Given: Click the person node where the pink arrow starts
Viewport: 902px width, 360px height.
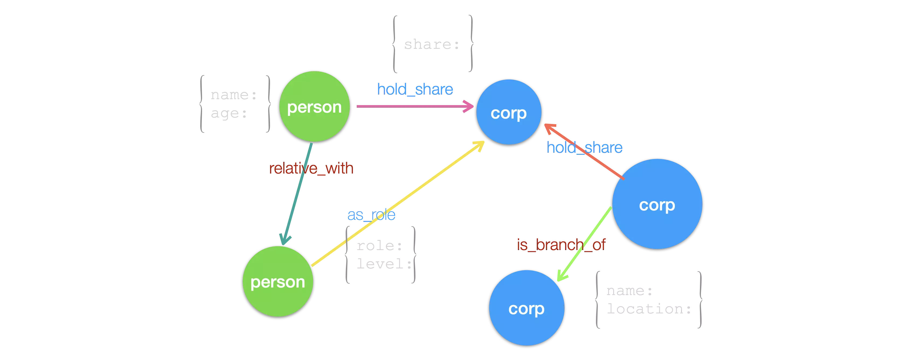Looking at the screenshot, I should coord(314,106).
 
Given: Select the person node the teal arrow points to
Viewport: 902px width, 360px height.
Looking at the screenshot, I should coord(278,282).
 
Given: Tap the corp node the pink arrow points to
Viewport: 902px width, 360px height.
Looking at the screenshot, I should coord(509,112).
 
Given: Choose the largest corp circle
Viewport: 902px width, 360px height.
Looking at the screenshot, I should coord(657,204).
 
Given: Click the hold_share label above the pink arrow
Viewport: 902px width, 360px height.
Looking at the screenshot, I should coord(415,89).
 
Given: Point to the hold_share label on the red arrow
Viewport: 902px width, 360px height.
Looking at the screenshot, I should coord(584,147).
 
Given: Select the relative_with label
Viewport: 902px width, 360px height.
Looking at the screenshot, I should coord(311,169).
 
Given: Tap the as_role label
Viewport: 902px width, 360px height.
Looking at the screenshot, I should coord(371,215).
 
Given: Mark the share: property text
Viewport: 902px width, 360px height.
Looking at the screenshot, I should coord(431,45).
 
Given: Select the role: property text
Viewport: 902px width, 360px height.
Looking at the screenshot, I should coord(378,245).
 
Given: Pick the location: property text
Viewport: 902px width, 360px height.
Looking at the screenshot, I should coord(649,309).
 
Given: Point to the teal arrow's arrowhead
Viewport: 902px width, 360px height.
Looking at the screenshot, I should coord(285,240).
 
